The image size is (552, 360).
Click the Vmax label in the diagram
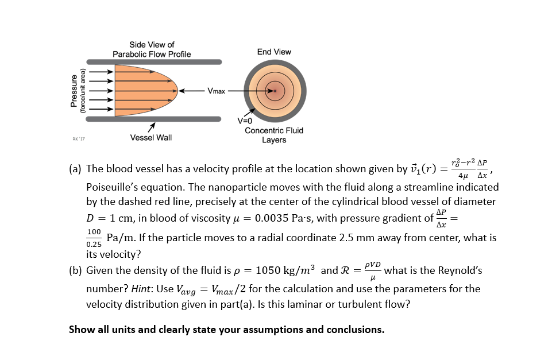click(x=217, y=91)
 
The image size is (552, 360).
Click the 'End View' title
click(x=274, y=52)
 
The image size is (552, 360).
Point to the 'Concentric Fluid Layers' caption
click(x=274, y=135)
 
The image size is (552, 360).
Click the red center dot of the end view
click(x=275, y=91)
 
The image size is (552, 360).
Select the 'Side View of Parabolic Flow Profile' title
click(x=152, y=49)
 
